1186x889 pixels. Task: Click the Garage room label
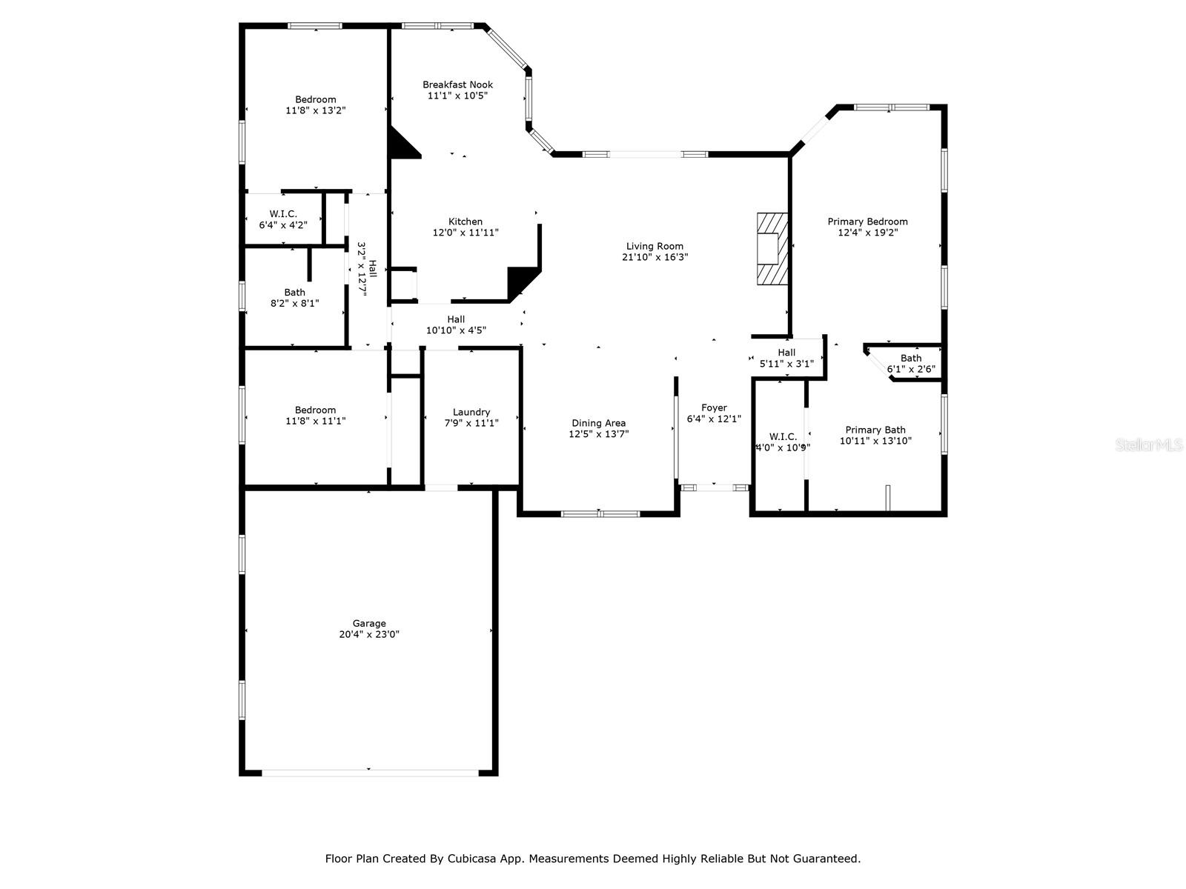369,624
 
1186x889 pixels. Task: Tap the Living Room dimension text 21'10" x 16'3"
655,257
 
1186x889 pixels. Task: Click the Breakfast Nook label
457,84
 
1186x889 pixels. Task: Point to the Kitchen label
466,222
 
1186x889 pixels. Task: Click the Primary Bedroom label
867,222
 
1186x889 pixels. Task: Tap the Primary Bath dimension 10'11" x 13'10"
875,441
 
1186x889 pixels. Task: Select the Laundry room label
471,412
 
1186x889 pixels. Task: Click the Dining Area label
598,423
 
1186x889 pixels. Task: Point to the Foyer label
714,407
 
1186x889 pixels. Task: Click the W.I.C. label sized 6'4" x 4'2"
283,214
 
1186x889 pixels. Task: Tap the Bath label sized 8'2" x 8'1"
294,292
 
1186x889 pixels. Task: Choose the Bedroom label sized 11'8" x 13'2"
316,99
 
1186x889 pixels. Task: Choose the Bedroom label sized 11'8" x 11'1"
316,410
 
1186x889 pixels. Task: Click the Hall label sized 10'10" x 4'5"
456,319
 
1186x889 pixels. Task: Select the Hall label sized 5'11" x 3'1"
786,353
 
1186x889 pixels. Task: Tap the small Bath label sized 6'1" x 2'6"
911,359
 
